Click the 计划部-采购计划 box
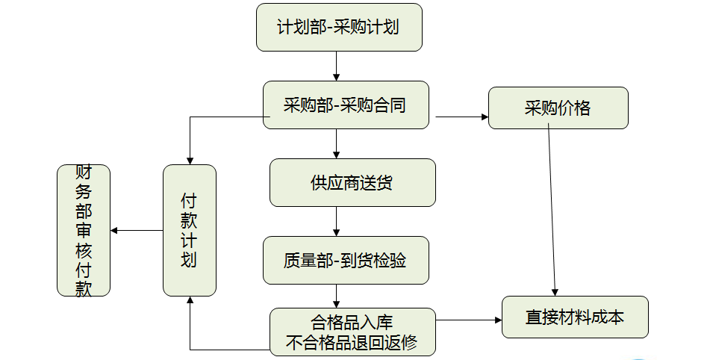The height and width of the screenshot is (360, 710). pos(338,28)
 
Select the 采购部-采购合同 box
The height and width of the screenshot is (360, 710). pos(346,105)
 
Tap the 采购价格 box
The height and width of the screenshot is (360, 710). pos(558,108)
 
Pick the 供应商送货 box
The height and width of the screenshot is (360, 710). pos(352,182)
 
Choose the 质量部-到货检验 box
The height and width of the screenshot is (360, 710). pos(346,261)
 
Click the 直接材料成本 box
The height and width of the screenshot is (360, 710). pos(575,317)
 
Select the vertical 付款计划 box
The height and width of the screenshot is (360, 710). pos(189,230)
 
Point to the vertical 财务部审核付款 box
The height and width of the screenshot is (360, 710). pos(84,230)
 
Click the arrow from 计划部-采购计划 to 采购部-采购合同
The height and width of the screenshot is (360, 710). pos(337,66)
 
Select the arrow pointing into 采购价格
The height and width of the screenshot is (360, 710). pos(461,117)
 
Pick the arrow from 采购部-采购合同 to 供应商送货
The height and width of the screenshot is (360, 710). pos(337,143)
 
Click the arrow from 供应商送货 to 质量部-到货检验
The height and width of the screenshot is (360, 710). pos(337,221)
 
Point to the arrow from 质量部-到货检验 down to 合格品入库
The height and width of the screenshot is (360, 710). pos(337,296)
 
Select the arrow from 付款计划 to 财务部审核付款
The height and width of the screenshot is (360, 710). pos(137,230)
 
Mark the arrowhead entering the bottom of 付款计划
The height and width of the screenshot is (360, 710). pos(190,300)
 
